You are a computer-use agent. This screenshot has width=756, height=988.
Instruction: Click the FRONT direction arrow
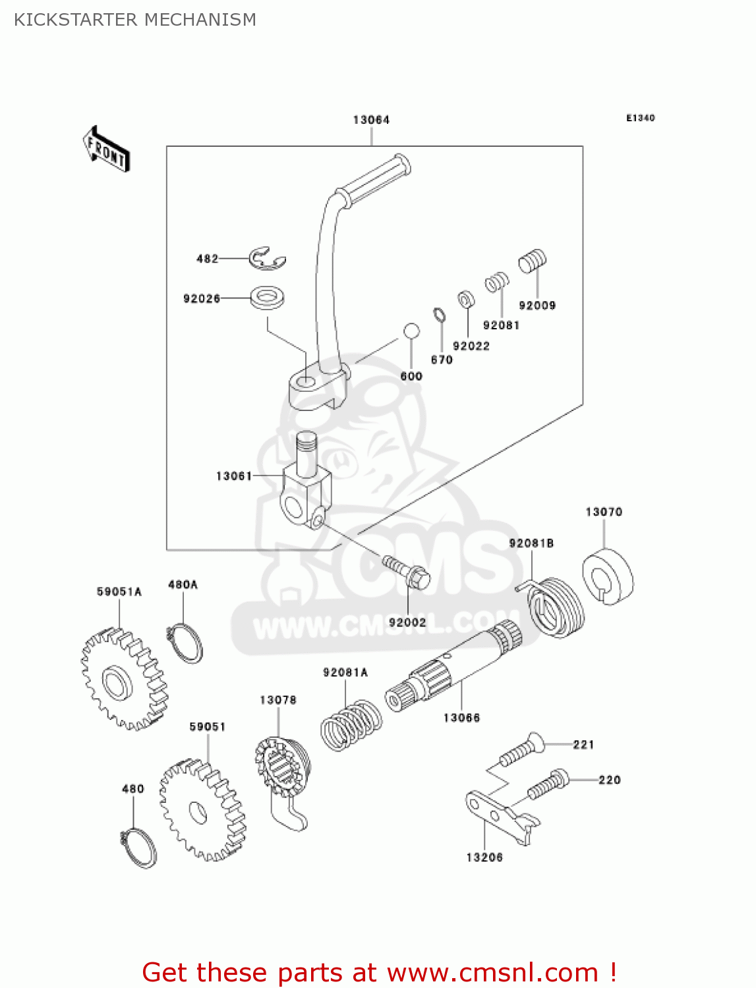106,150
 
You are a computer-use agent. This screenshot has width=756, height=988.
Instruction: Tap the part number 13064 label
371,120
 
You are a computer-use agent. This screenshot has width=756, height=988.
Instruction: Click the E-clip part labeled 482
266,259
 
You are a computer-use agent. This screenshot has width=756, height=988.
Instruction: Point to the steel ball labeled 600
411,331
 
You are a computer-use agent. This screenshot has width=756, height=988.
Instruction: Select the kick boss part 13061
306,487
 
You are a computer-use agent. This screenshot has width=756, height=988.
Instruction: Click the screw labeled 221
521,751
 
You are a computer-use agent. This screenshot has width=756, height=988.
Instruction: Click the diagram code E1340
640,118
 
